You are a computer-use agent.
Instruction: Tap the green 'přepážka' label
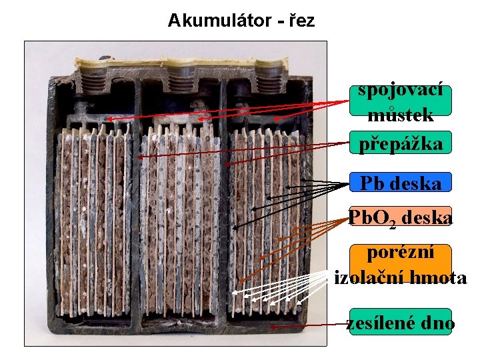pos(401,143)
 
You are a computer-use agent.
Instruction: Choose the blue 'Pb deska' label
pos(401,182)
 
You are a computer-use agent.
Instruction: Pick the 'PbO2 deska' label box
pos(401,217)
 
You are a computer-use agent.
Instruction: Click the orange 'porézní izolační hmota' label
pos(401,265)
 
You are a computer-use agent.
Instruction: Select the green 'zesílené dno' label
pos(401,323)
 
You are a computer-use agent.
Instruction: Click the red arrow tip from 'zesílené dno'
pos(271,328)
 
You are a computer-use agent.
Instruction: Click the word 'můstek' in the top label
pos(401,115)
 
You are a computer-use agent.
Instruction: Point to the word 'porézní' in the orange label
pos(401,253)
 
